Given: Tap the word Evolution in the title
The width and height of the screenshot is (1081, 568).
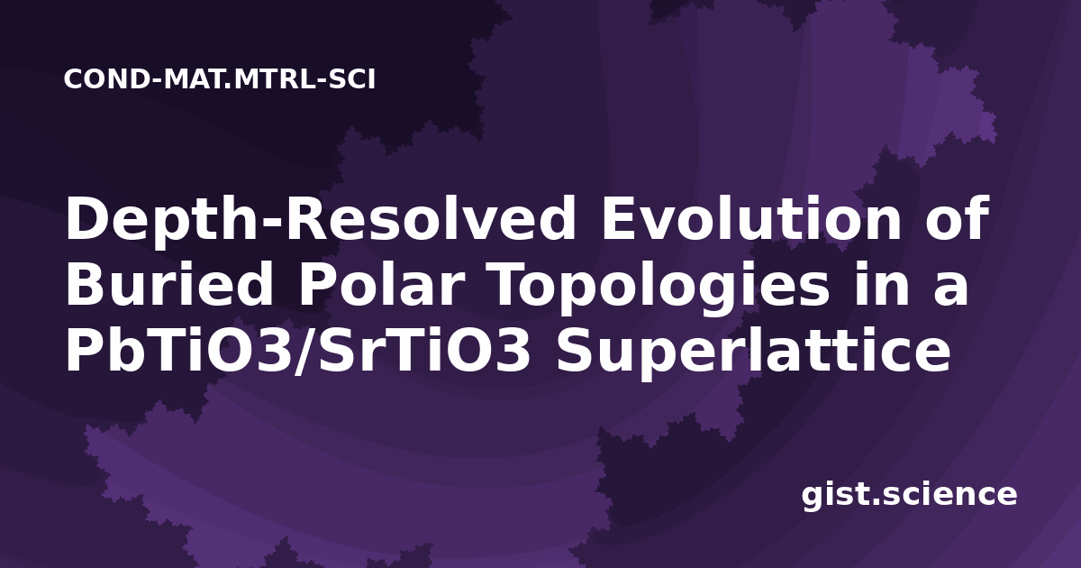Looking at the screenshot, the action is click(751, 218).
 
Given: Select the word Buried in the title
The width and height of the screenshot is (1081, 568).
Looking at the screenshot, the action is click(169, 284).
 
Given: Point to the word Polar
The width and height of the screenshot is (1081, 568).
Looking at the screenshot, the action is click(381, 284).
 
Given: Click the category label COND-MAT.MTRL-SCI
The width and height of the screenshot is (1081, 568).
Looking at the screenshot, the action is click(220, 79).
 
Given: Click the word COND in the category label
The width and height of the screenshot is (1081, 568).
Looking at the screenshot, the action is click(106, 79).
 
